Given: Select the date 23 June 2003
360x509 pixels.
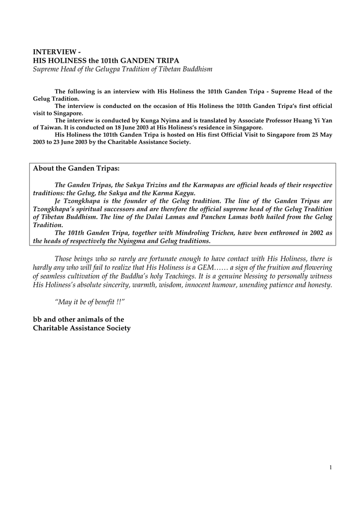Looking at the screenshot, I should tap(64, 142).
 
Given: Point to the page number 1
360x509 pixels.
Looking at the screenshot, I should tap(330, 467).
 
